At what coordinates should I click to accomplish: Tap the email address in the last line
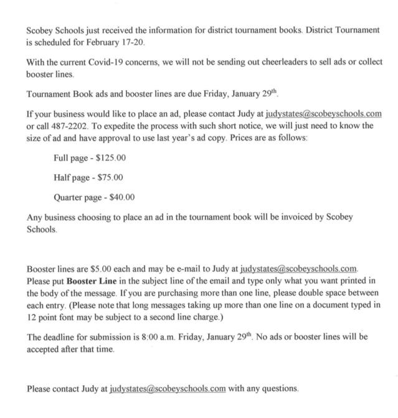[x=168, y=389]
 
